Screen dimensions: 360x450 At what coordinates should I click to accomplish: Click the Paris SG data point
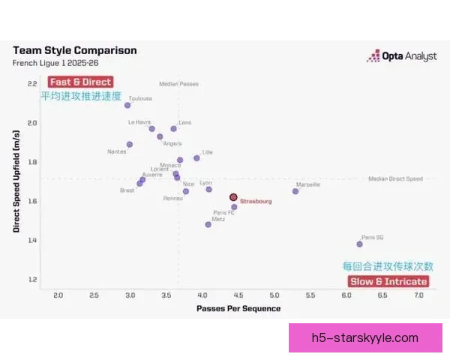point(360,244)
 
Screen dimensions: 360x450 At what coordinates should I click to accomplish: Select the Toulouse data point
point(127,105)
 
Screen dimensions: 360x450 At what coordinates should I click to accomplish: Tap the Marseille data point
point(295,191)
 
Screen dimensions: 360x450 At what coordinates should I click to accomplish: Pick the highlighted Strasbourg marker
point(233,197)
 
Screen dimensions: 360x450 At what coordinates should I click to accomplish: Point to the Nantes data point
point(130,144)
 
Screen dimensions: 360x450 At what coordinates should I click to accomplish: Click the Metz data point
point(208,224)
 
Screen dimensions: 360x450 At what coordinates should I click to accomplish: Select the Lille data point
point(196,158)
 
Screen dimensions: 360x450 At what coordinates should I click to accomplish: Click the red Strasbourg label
point(256,202)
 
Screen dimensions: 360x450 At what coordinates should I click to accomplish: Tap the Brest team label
point(127,190)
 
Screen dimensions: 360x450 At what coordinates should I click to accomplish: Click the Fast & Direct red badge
point(80,82)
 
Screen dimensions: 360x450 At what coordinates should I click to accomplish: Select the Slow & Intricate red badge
point(388,281)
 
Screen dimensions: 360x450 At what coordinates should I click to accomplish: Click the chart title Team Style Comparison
point(75,50)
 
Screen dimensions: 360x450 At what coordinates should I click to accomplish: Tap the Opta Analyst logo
point(401,56)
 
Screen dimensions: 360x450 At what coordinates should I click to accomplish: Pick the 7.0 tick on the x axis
point(418,295)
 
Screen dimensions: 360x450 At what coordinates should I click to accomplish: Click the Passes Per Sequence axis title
point(238,308)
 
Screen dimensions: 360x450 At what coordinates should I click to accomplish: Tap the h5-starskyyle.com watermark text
point(365,337)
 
